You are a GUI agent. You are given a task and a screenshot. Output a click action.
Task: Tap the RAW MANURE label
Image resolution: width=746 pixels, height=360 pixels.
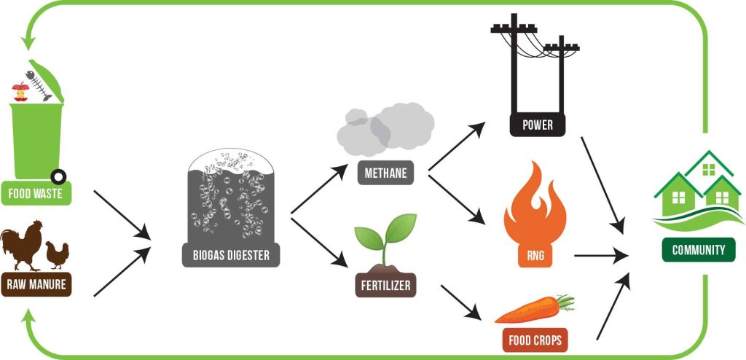pos(36,284)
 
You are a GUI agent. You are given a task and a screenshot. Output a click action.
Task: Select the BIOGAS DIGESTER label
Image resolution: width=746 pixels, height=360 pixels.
pos(231,255)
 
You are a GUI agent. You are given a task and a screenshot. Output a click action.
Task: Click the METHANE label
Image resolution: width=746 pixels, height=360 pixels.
pos(386,173)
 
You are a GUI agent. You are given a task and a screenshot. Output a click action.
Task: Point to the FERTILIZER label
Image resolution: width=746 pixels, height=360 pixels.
pos(386,285)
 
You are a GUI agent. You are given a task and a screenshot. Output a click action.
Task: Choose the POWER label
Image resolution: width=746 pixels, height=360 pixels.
pos(538,125)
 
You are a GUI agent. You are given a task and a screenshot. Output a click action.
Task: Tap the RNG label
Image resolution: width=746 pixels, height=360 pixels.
pos(535,257)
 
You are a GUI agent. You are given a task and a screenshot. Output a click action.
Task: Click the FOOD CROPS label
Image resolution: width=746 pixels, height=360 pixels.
pos(535,340)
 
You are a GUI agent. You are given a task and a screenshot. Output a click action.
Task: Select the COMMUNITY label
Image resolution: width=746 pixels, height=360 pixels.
pos(699,250)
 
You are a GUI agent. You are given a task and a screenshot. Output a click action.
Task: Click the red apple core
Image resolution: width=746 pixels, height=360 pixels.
pos(20,91)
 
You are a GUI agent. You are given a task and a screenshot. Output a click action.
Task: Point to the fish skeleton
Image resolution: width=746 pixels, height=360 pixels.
pos(38,85)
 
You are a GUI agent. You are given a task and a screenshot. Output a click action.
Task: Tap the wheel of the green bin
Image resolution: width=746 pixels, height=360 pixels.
pos(58,177)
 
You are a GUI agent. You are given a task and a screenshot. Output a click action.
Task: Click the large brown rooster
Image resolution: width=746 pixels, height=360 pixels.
pos(22,244)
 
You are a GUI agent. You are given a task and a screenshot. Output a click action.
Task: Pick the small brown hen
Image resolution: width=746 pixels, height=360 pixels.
pos(57,255)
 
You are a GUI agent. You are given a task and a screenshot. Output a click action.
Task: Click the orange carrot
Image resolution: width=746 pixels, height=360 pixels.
pos(534,309)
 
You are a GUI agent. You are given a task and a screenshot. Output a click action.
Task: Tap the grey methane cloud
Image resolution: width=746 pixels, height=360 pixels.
pos(385,128)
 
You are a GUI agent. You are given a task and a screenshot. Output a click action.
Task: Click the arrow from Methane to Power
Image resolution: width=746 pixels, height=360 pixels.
pos(457,146)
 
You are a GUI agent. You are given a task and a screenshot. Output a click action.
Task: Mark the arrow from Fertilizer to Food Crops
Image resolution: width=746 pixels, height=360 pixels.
pos(460,302)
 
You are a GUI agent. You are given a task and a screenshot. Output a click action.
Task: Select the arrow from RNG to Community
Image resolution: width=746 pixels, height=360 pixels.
pos(601,256)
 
